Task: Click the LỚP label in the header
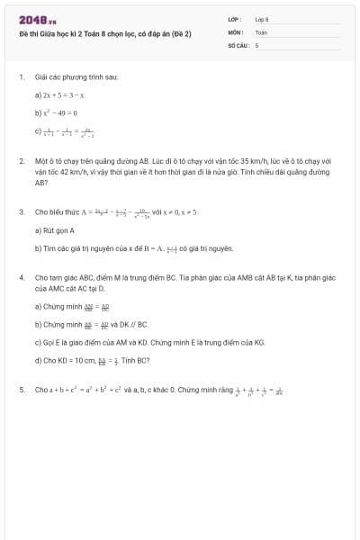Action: coord(235,19)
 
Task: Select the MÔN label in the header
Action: coord(235,31)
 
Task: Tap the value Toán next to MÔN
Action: coord(261,31)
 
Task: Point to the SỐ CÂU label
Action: coord(238,44)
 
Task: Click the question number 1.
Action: coord(21,78)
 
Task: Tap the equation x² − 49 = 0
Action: coord(57,112)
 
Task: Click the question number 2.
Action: coord(21,161)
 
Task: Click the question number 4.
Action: coord(21,277)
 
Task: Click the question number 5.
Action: coord(21,390)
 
